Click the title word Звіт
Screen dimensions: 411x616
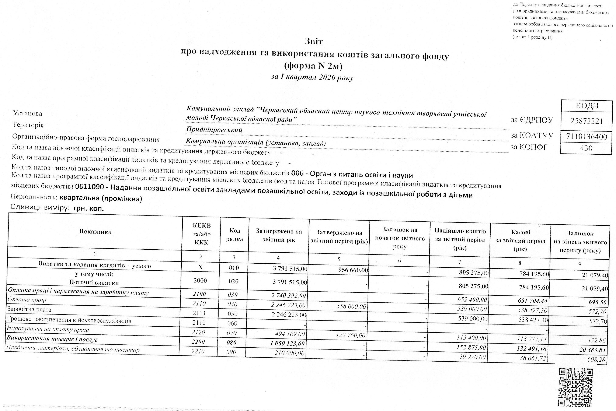tap(314, 41)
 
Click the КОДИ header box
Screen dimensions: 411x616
tap(587, 106)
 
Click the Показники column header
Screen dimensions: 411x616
tap(95, 232)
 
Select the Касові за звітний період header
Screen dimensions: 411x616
tap(520, 241)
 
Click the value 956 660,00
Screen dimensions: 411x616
tap(353, 270)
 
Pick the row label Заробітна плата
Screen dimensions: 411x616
tap(29, 310)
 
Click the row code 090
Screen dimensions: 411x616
tap(232, 352)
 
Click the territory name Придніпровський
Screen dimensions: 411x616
tap(214, 130)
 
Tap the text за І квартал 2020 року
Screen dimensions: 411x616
tap(312, 77)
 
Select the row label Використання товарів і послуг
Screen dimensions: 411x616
tap(52, 339)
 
